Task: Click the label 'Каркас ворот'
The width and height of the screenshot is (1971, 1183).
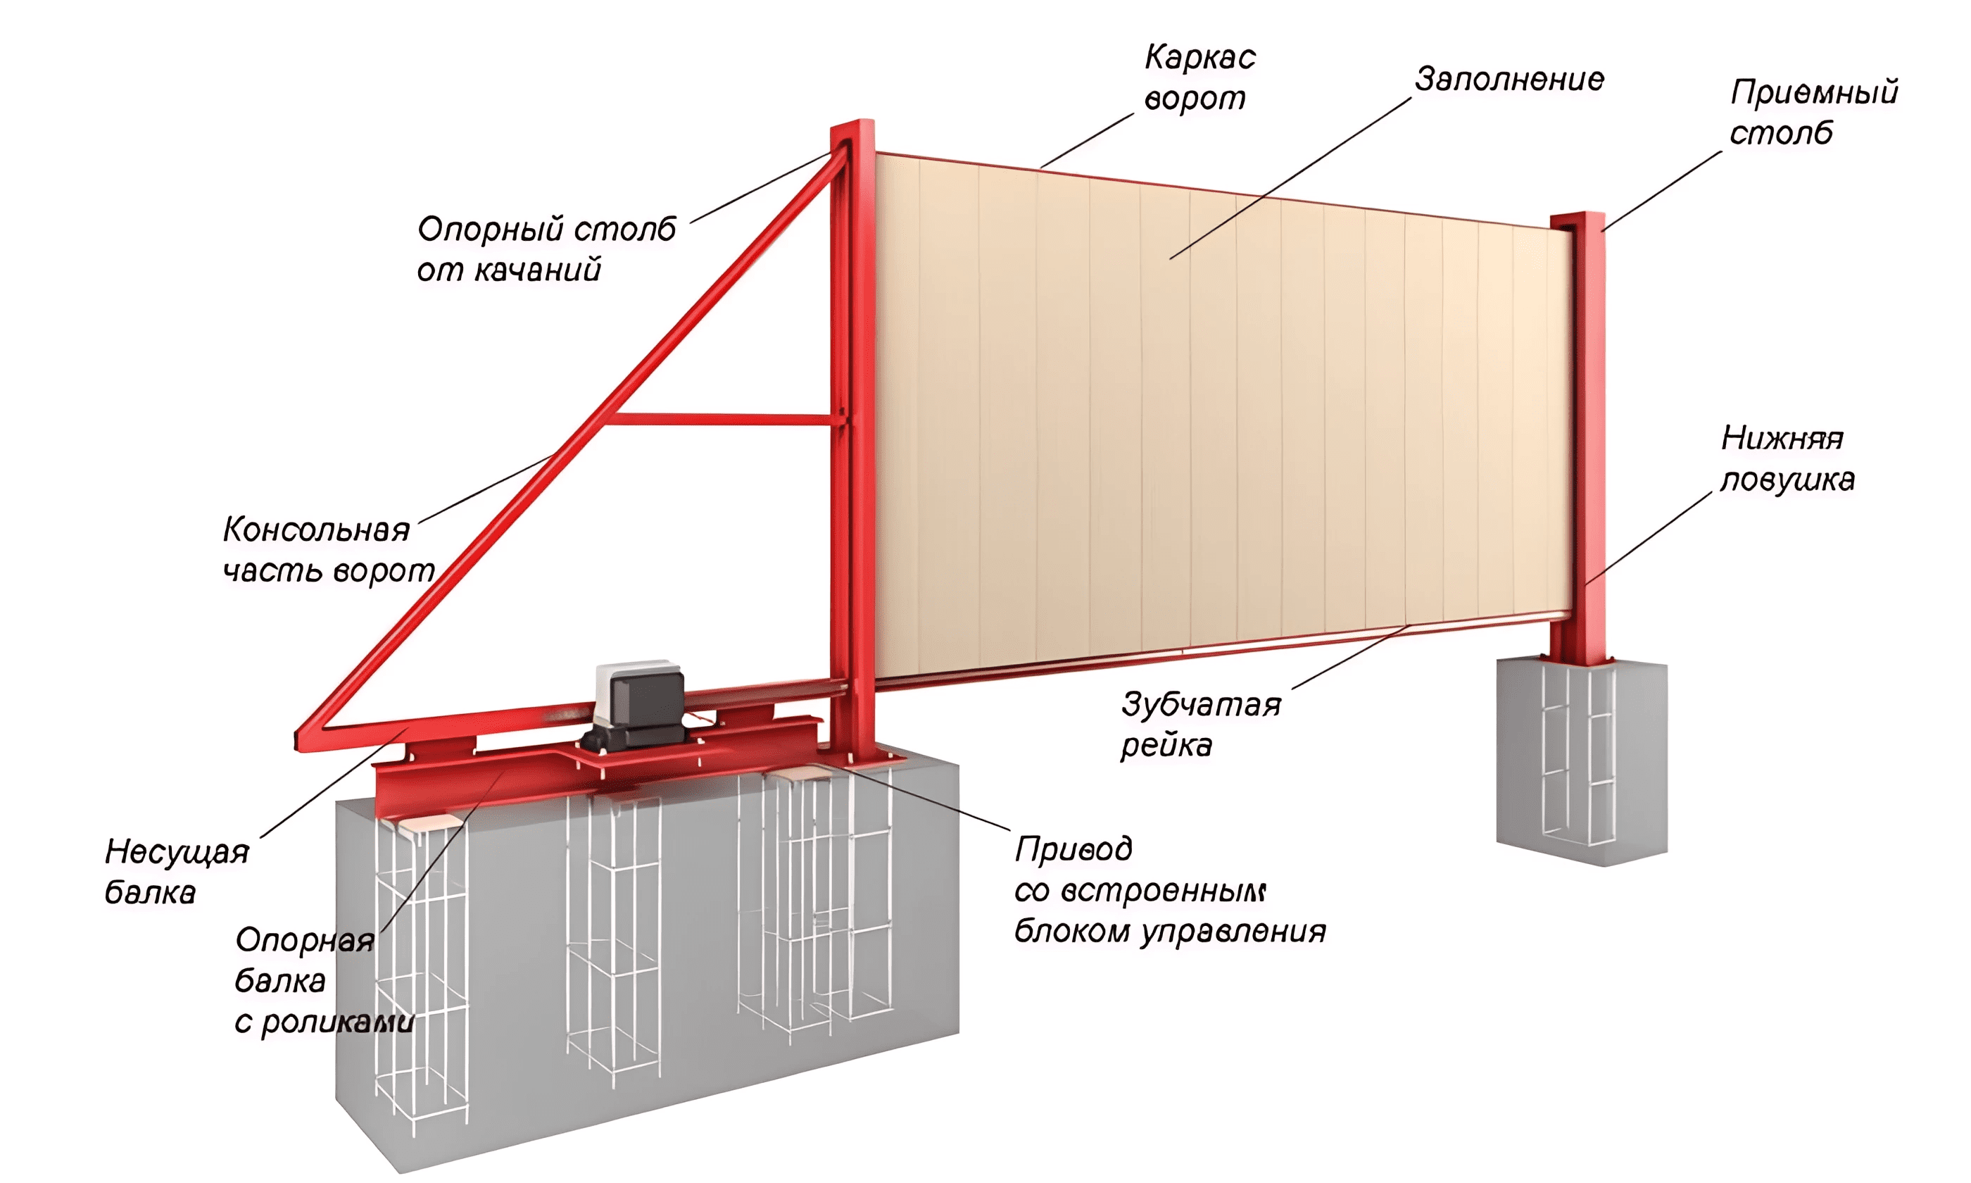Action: (1199, 77)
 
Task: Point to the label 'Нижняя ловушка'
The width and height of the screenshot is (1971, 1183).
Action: (1787, 458)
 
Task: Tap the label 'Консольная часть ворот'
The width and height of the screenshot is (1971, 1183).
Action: (328, 550)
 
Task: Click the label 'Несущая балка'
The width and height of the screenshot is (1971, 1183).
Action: (177, 871)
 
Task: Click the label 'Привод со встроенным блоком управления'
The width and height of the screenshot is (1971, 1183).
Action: (1169, 889)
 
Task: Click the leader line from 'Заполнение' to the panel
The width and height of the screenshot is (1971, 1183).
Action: (1290, 179)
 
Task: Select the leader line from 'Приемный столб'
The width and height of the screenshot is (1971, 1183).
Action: (1662, 191)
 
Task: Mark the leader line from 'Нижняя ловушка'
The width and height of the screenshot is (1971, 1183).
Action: (1649, 538)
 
